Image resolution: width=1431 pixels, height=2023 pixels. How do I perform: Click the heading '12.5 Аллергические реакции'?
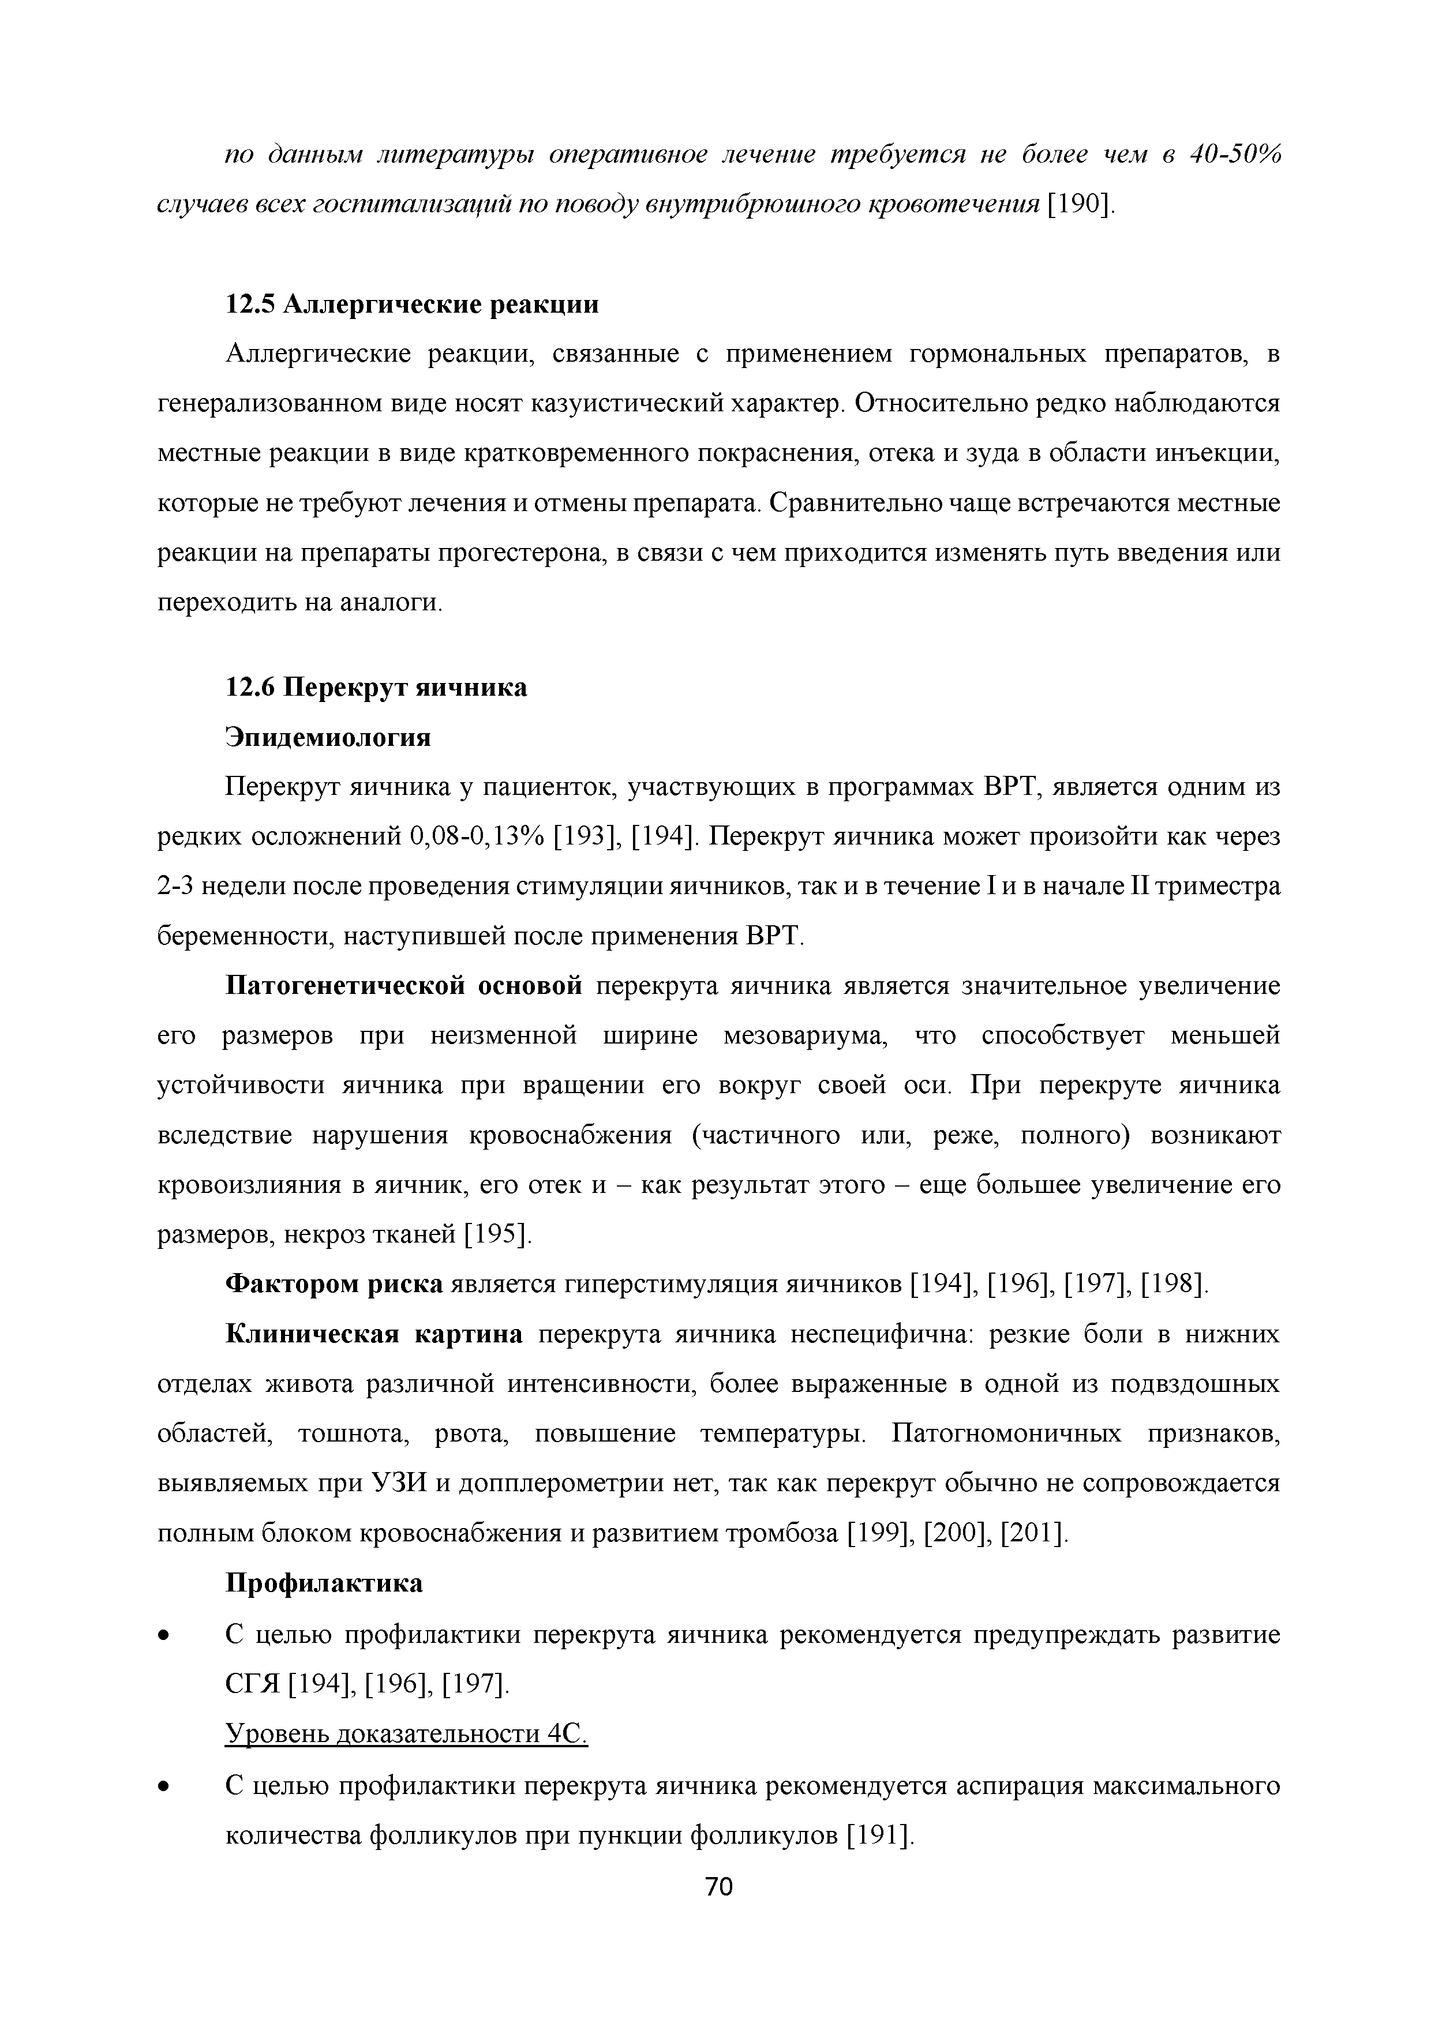point(413,304)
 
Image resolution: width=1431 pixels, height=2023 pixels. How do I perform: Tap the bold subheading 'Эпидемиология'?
point(329,737)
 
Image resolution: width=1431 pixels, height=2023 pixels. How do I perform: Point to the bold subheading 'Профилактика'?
point(324,1583)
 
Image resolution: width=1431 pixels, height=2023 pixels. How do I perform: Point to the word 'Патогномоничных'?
point(1006,1435)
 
